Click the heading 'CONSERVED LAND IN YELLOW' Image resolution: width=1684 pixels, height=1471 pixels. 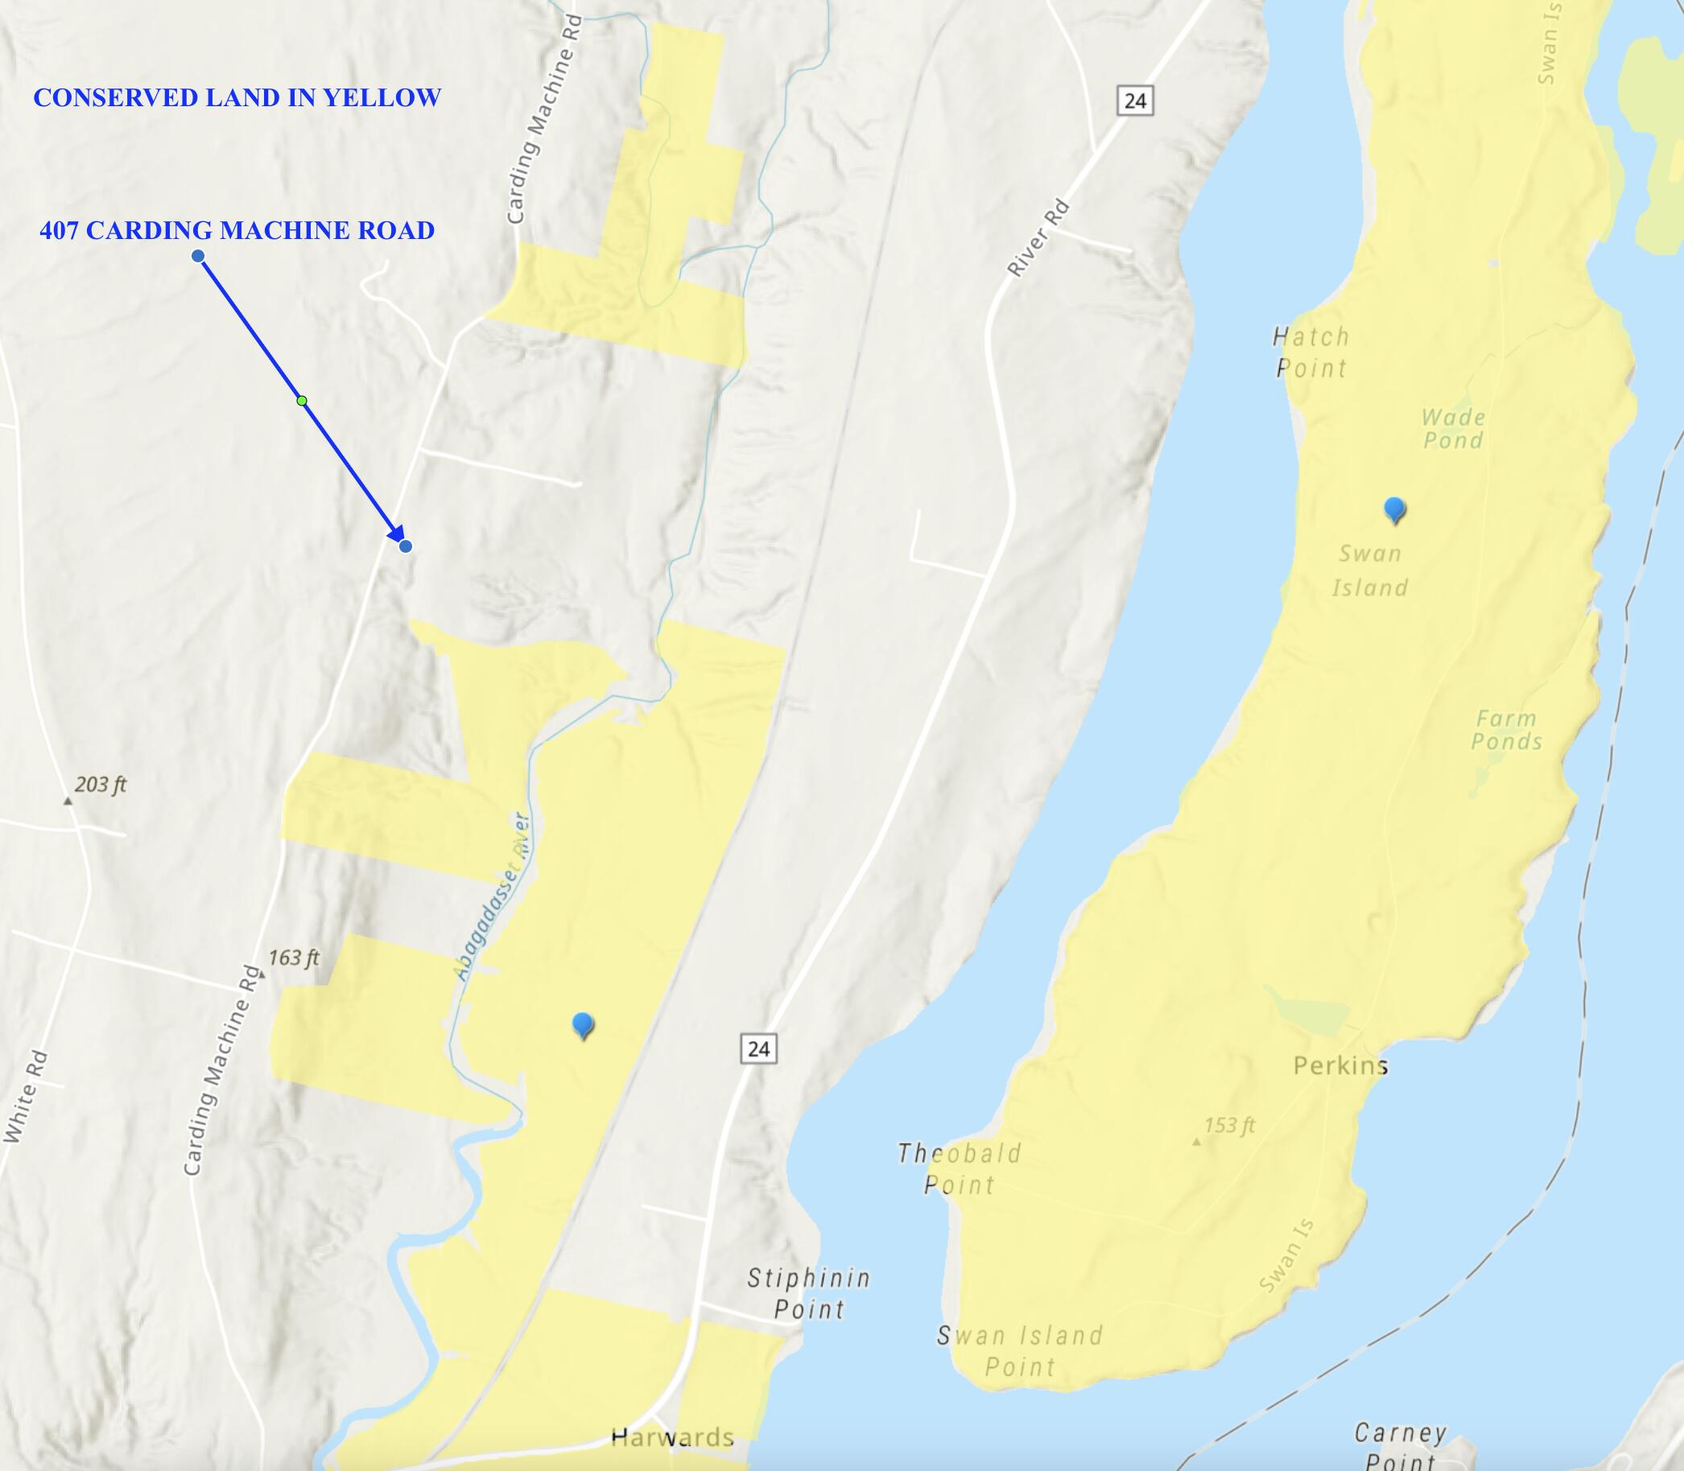(x=237, y=97)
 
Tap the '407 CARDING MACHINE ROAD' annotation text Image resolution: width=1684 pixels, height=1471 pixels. (x=237, y=231)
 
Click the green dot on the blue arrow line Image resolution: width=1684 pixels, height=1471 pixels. (x=302, y=401)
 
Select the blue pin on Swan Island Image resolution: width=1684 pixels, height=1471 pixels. (x=1394, y=509)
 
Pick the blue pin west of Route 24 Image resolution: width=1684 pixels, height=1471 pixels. (x=583, y=1024)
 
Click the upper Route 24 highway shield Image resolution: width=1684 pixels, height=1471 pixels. (x=1135, y=101)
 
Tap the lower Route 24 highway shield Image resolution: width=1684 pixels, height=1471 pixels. (x=758, y=1049)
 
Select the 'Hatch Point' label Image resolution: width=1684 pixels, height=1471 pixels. (x=1311, y=352)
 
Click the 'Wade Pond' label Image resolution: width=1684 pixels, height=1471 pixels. (x=1453, y=428)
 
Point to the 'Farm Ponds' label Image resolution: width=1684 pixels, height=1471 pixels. (x=1506, y=730)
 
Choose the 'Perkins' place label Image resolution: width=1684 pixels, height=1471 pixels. (x=1340, y=1065)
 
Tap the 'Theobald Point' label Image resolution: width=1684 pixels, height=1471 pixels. (x=959, y=1169)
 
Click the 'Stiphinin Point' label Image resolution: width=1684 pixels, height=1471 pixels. (x=809, y=1293)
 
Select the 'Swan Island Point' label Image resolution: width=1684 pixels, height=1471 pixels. (x=1020, y=1350)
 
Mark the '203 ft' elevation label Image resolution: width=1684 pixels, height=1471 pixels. (x=100, y=785)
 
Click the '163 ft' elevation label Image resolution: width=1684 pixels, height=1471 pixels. (x=293, y=958)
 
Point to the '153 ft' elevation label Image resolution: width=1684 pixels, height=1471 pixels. (x=1229, y=1125)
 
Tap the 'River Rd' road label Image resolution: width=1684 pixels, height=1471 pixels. (x=1038, y=238)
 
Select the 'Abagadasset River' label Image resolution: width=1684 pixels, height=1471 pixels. (x=491, y=896)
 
